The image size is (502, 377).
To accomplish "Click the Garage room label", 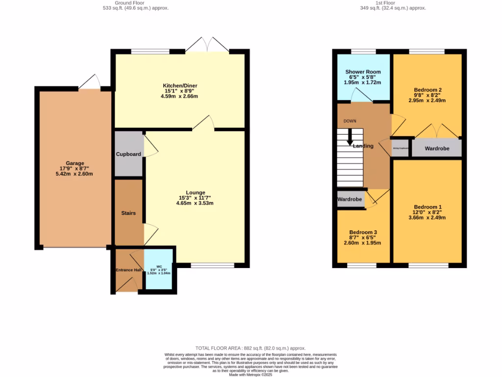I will click(75, 163).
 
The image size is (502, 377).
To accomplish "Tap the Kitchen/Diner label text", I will click(179, 86).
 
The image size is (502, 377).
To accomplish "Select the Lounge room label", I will click(195, 192).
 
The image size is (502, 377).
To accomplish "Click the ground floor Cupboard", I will click(128, 154).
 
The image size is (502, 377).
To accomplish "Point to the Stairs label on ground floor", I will click(128, 213).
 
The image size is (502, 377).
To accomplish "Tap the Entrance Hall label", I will click(128, 270).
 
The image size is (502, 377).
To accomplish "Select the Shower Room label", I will click(363, 72).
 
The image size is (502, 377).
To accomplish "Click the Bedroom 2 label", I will click(427, 90).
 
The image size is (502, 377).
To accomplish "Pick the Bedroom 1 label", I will click(427, 207).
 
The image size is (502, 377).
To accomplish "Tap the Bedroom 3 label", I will click(363, 232).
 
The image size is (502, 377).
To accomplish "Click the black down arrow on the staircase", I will click(350, 137).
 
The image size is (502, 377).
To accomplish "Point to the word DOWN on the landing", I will click(350, 121).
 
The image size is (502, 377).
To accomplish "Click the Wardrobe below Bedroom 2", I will click(436, 148).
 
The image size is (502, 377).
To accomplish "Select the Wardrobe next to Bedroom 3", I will click(350, 199).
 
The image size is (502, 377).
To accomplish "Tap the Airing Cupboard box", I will click(400, 148).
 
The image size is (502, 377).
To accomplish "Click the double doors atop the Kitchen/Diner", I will click(207, 45).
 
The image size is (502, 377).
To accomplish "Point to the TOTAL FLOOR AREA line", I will click(251, 348).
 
